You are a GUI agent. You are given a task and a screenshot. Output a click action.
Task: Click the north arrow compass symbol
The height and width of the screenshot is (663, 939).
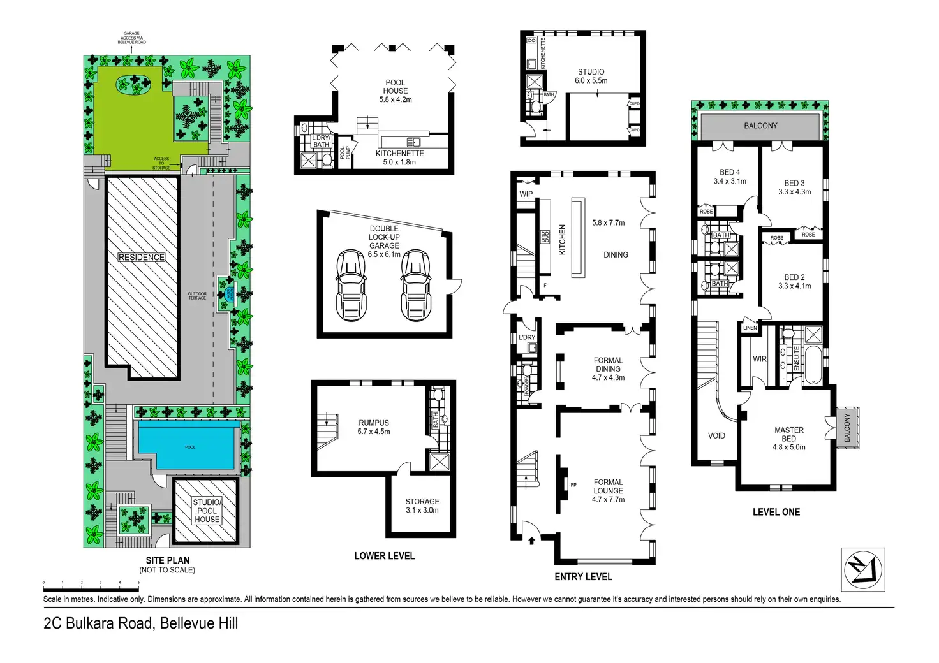point(862,569)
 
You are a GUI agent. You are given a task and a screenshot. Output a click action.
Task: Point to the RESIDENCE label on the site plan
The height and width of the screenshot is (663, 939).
point(142,257)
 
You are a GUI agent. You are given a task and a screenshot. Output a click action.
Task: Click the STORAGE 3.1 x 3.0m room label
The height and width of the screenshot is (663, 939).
point(422,506)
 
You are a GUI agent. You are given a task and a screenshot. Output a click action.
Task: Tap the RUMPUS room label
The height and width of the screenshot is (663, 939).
point(374,427)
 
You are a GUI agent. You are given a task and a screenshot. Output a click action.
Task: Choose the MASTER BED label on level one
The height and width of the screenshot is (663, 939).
point(789,439)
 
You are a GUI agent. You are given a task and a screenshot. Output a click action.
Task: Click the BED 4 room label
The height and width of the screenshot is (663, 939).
point(730,177)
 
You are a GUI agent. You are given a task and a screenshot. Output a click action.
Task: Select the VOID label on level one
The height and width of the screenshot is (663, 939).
point(716,436)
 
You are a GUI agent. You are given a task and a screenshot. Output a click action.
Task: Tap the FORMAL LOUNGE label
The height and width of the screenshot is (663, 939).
point(608,491)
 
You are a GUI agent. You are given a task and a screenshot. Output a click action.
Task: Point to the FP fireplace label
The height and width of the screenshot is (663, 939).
point(573,485)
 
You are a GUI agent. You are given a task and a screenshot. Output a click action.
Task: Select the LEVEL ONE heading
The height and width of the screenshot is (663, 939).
point(776,512)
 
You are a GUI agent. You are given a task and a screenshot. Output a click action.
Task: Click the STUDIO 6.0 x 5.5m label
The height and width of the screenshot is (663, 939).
point(591,76)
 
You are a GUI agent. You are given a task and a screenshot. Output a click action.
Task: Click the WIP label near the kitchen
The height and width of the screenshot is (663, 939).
point(526,194)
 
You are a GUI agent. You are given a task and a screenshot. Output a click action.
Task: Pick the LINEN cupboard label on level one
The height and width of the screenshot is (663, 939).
point(750,328)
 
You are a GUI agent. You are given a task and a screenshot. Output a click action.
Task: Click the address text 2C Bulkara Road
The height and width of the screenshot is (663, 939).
point(140,623)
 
